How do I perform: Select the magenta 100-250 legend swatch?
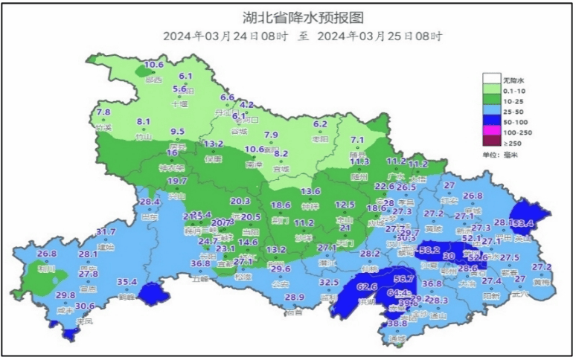coord(490,130)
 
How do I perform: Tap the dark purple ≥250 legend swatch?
coord(490,142)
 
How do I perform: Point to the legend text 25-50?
coord(514,110)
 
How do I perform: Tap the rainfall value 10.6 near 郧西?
coord(154,65)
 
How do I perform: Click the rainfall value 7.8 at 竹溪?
coord(103,112)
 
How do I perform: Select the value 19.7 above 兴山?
coord(177,181)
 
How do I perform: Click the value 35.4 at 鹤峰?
coord(127,282)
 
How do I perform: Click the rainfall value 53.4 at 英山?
coord(524,223)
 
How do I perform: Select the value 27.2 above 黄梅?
coord(542,267)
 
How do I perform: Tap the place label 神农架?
coord(172,167)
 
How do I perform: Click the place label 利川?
coord(47,269)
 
